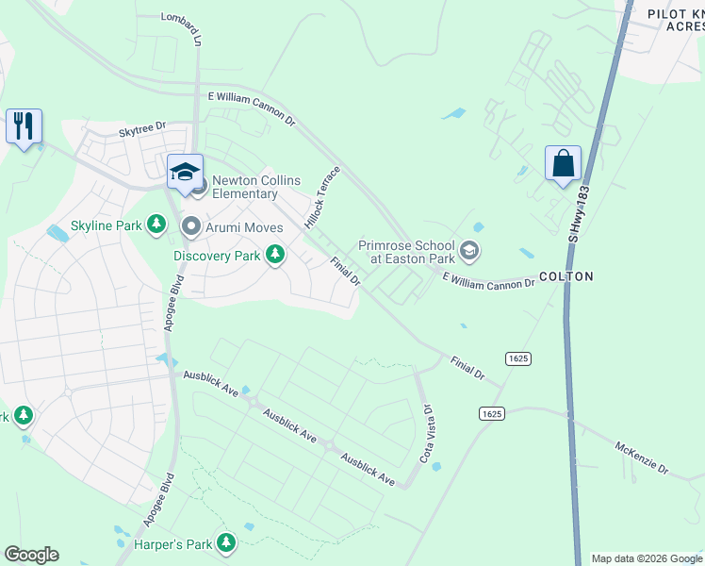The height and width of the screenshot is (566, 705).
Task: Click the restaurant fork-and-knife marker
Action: pos(24,126)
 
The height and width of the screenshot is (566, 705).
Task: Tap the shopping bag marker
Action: pos(563,163)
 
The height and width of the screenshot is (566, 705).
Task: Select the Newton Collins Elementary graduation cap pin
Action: pos(185,172)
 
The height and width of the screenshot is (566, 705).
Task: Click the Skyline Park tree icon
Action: pos(158,225)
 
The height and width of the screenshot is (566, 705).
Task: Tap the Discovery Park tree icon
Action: pos(275,255)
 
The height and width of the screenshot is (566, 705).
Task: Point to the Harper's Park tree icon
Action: pos(225,542)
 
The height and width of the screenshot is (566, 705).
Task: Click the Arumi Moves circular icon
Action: pos(191,226)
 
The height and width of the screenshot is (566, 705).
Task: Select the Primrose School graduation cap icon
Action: pos(469,252)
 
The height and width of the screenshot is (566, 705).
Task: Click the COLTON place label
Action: pos(566,276)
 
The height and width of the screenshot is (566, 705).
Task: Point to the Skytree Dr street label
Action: pos(142,125)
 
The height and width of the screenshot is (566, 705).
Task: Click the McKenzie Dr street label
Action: pos(641,457)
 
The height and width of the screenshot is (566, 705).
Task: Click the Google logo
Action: pos(31,555)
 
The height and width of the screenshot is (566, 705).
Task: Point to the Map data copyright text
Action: pos(647,558)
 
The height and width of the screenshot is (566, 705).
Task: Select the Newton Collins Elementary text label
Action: pos(245,187)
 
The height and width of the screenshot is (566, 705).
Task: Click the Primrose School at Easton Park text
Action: pos(407,251)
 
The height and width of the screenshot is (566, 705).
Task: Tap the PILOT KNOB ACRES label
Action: pos(675,20)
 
